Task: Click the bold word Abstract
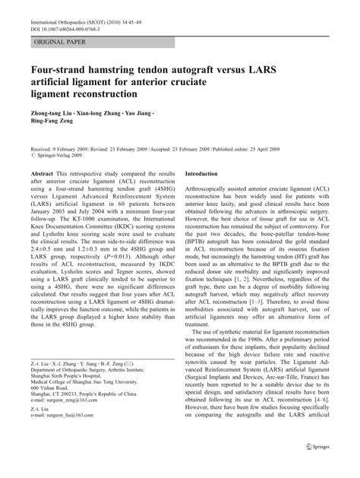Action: click(x=42, y=195)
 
